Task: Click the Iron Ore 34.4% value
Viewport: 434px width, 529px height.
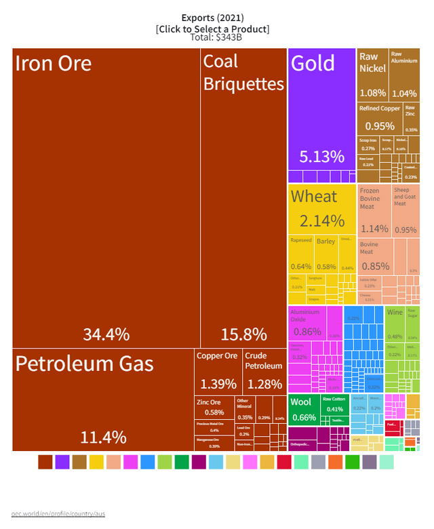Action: [x=106, y=334]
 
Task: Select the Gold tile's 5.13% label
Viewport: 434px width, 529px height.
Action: [x=322, y=157]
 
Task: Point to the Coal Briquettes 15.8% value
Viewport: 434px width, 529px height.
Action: [x=244, y=334]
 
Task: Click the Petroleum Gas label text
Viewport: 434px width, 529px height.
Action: [x=84, y=364]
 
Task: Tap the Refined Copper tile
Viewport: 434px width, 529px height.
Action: [x=379, y=117]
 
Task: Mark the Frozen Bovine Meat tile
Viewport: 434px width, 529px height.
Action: [x=374, y=210]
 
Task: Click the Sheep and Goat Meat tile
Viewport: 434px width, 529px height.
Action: [x=406, y=210]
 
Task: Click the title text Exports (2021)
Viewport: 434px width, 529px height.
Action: [x=212, y=18]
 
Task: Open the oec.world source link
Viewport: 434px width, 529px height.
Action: [x=58, y=513]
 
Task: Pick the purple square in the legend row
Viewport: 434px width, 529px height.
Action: [x=62, y=462]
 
